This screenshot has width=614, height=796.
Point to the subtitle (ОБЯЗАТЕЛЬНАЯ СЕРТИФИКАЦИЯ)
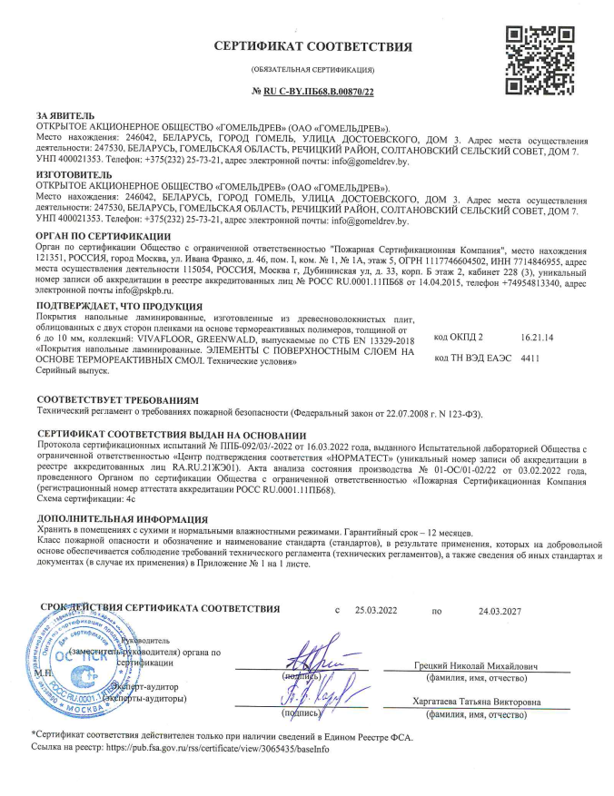(x=312, y=70)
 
